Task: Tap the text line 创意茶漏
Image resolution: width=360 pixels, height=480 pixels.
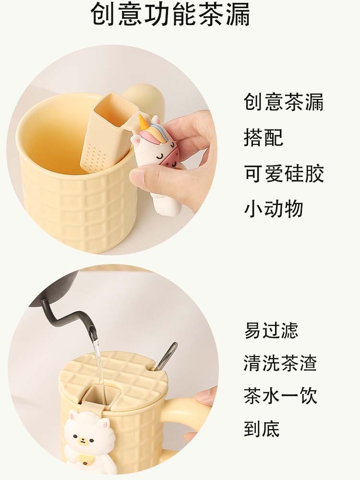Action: [x=284, y=102]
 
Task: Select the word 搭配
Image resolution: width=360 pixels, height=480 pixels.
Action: [x=264, y=137]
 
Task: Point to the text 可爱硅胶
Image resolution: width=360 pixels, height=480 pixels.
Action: [x=284, y=173]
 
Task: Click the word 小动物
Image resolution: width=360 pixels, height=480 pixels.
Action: [x=274, y=209]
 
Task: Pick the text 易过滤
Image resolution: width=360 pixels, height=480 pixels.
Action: [x=271, y=330]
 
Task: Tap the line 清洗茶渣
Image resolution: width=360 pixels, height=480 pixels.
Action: [x=280, y=363]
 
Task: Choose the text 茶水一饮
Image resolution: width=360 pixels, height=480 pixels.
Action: [x=280, y=396]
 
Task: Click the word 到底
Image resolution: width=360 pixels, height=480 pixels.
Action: [x=262, y=429]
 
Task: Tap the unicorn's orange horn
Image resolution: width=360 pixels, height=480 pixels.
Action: [x=143, y=121]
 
